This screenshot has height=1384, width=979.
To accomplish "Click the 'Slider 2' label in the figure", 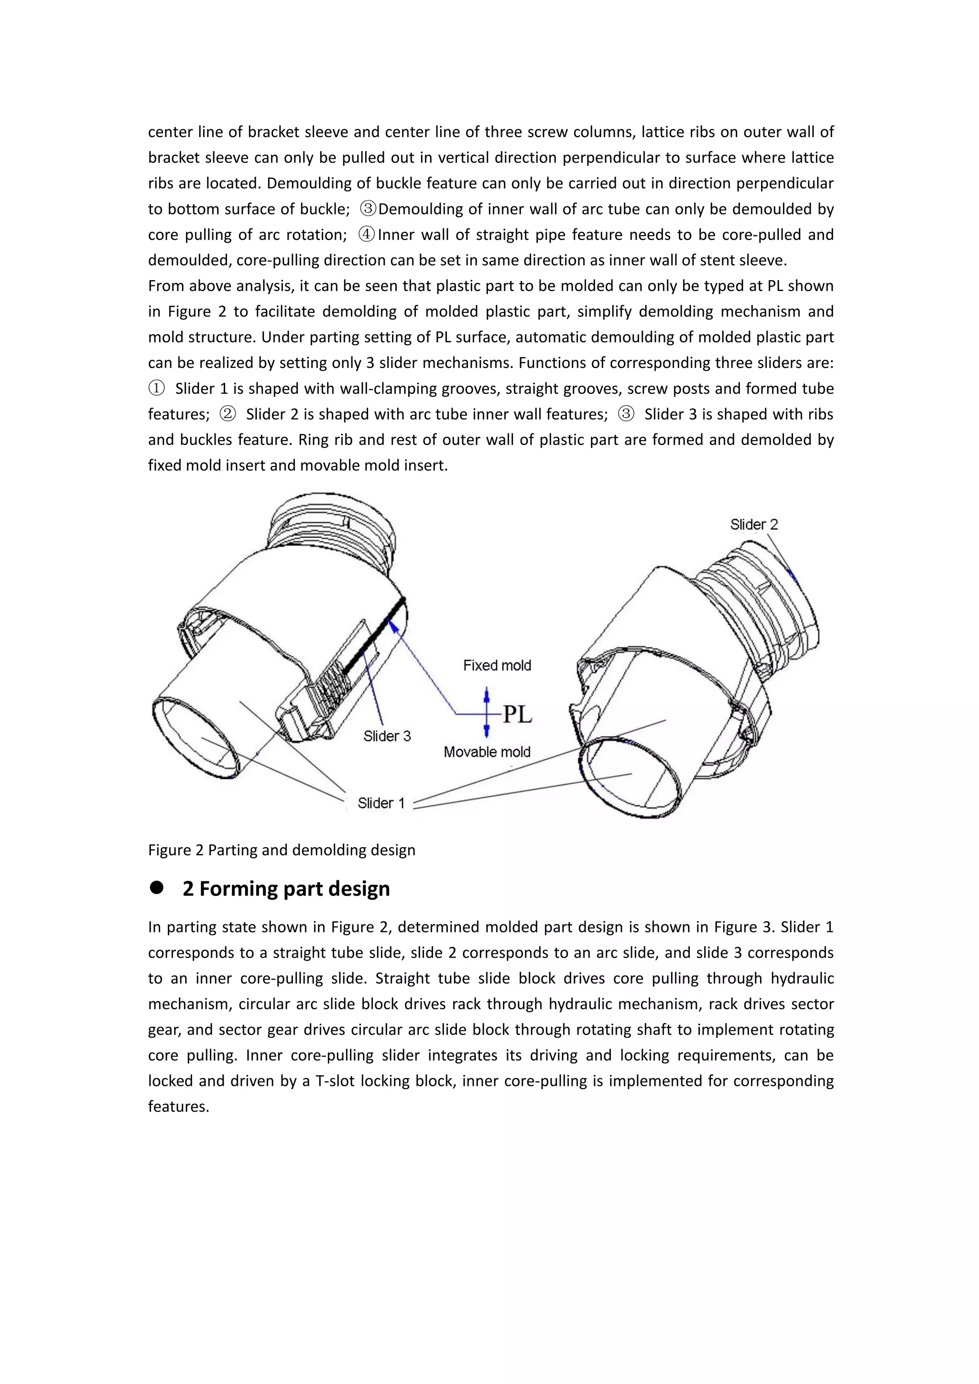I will tap(753, 524).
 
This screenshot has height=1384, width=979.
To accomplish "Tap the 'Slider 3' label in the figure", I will tap(387, 736).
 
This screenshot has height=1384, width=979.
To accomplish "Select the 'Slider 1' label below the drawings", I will tap(381, 803).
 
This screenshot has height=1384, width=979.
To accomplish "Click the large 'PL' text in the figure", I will tap(517, 714).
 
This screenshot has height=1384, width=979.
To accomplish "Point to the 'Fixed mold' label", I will tap(497, 666).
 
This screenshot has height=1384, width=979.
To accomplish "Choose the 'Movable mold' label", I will tap(487, 752).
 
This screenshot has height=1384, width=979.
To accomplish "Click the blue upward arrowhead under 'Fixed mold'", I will tap(487, 693).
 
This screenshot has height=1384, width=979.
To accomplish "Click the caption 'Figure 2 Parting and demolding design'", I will tap(282, 850).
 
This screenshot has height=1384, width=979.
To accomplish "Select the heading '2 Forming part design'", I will tap(286, 888).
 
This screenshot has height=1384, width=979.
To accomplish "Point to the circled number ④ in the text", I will tap(367, 235).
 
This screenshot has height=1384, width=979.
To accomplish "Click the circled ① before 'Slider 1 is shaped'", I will tap(156, 388).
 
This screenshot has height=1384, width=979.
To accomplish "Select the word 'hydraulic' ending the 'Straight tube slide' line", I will tap(804, 978).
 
